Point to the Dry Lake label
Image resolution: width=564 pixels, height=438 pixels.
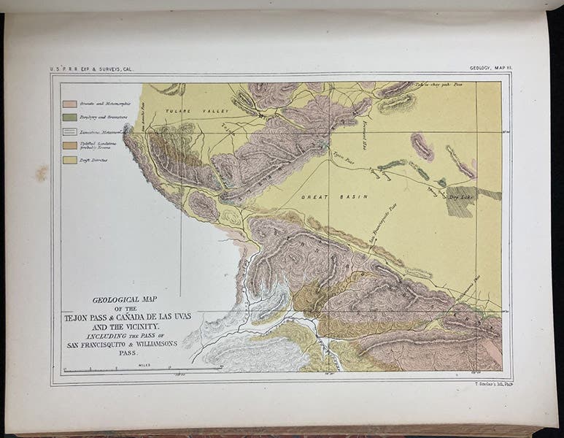point(460,195)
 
